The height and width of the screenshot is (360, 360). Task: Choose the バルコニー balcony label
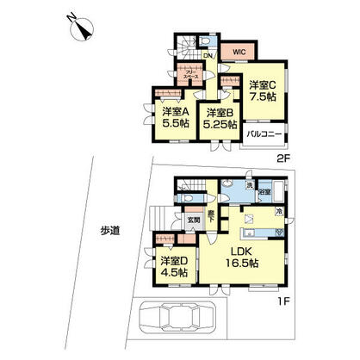[x=263, y=135]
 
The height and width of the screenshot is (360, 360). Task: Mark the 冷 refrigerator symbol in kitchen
[x=279, y=211]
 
